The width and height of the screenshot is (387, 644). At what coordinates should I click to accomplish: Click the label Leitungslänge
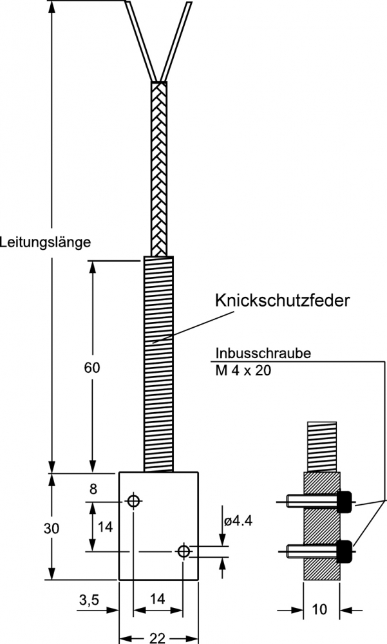[45, 243]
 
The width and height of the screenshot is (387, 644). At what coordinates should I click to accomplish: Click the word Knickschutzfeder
[282, 300]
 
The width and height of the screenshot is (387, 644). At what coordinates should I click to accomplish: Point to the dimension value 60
[93, 368]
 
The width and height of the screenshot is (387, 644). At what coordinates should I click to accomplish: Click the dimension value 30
[52, 528]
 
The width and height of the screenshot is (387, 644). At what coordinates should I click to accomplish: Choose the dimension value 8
[93, 489]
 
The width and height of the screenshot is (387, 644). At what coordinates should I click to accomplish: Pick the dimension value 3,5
[89, 600]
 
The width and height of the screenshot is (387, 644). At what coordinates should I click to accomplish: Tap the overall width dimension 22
[156, 638]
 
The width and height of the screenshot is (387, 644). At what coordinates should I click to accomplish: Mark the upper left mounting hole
[133, 501]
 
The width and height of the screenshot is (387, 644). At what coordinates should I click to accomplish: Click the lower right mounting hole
[184, 551]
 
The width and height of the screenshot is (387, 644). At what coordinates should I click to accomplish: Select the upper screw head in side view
[345, 501]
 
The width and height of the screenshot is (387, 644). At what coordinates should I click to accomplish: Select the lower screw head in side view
[345, 551]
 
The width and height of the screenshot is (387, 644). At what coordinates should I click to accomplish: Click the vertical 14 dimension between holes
[105, 527]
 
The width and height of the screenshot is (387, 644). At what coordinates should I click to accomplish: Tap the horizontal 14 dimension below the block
[157, 599]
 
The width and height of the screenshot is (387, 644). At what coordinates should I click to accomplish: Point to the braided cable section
[158, 167]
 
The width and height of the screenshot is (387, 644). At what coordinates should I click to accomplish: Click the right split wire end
[179, 39]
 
